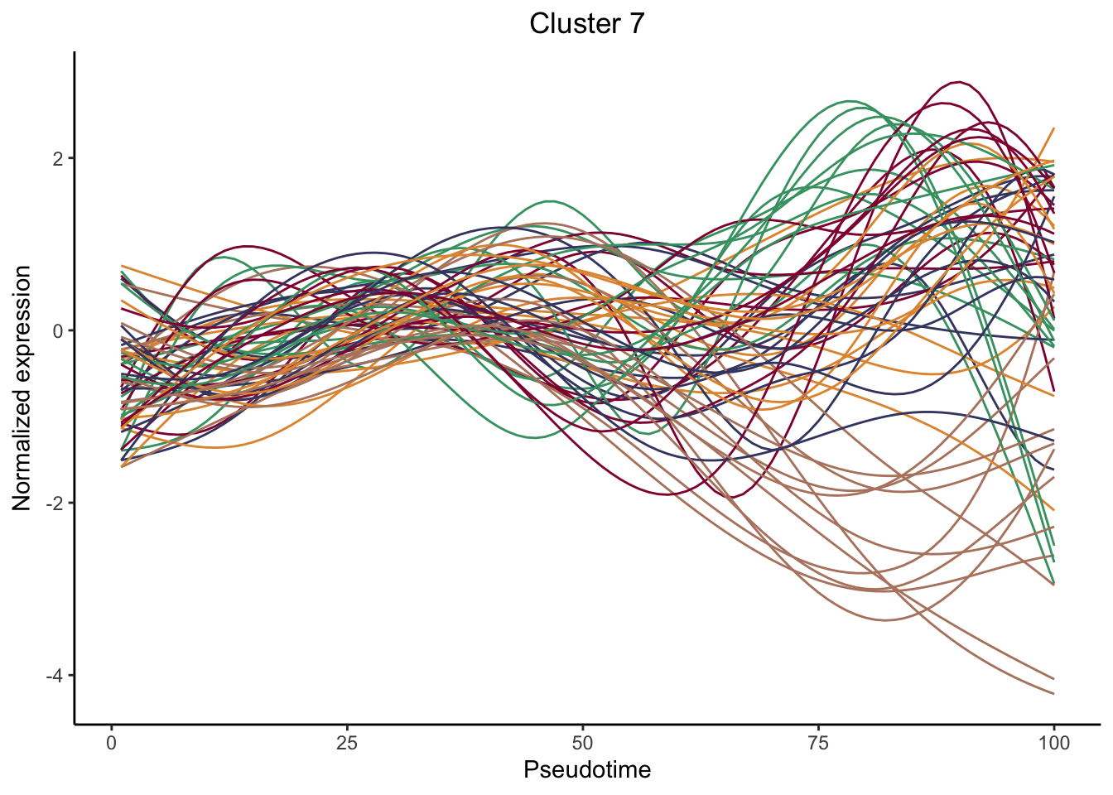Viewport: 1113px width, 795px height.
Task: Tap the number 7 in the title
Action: (636, 24)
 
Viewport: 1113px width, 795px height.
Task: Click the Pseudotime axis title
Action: (586, 770)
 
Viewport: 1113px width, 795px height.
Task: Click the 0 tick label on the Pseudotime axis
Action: (112, 742)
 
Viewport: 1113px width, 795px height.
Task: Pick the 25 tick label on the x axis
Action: (347, 742)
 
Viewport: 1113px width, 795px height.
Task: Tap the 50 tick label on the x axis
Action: (583, 742)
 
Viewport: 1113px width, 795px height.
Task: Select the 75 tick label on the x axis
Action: (818, 742)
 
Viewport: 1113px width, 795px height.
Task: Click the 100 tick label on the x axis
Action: (1053, 742)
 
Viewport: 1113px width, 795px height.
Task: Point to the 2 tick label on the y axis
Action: (57, 158)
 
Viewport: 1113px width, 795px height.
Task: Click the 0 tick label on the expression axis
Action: (57, 330)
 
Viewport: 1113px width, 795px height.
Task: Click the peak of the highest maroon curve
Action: (959, 82)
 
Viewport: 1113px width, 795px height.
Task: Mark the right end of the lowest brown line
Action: (1053, 694)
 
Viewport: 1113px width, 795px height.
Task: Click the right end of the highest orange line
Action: (1053, 128)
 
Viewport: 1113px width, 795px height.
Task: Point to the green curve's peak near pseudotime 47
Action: (550, 201)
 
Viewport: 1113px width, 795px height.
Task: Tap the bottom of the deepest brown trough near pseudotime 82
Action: (885, 619)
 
